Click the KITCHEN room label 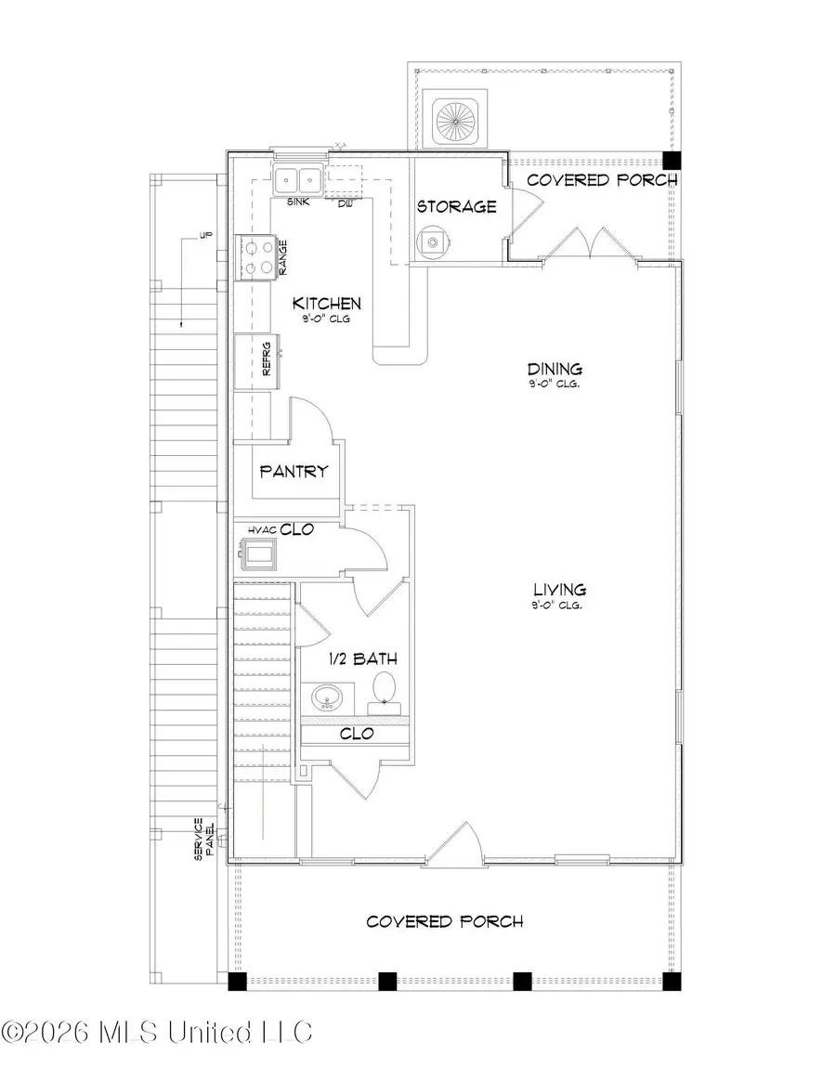(x=327, y=304)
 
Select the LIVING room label (x=559, y=590)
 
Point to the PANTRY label (x=294, y=471)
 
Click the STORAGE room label (x=456, y=206)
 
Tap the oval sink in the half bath (x=325, y=697)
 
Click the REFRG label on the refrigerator (x=266, y=361)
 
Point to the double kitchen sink (x=298, y=179)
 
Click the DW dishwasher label (x=345, y=202)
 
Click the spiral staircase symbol (x=454, y=119)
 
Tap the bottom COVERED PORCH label (x=444, y=921)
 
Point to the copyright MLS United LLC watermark (x=158, y=1031)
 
